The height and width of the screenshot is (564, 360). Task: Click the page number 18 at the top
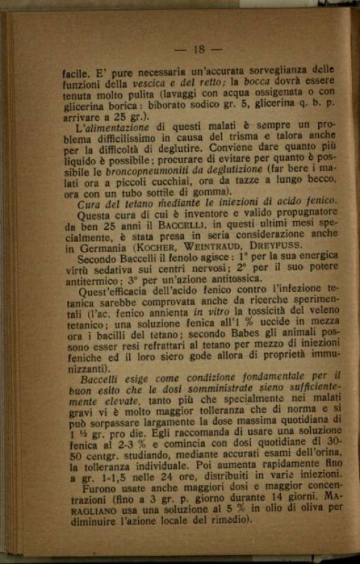click(199, 50)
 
